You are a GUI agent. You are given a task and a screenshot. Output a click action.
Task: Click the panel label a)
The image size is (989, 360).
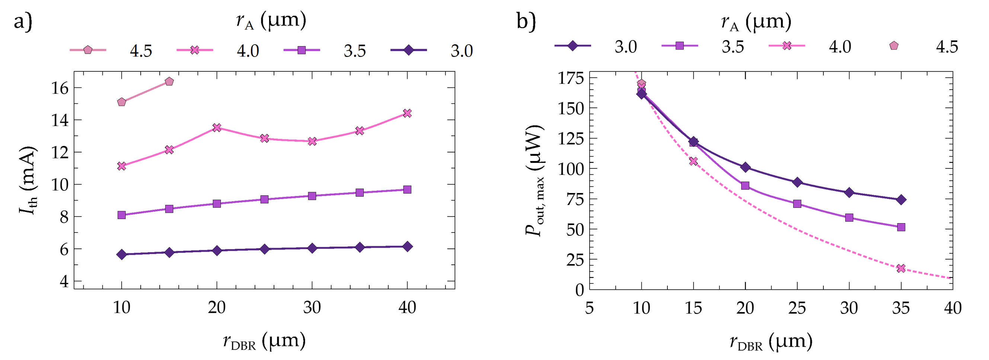coord(23,21)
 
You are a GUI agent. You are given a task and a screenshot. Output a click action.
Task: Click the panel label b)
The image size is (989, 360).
coord(526,21)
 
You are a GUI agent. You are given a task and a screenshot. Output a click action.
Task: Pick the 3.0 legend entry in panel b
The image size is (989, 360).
coord(596,46)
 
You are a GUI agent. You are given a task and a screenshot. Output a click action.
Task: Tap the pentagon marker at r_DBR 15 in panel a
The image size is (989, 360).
coord(169,81)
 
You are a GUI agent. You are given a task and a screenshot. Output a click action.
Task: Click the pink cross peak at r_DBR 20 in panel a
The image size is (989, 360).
coord(217,128)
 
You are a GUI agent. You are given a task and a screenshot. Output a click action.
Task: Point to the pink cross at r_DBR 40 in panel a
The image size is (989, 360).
coord(407,113)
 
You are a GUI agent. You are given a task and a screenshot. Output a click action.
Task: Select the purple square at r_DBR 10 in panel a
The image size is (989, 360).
coord(122,215)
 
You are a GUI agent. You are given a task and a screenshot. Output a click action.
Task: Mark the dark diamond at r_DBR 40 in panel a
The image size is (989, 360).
coord(407,247)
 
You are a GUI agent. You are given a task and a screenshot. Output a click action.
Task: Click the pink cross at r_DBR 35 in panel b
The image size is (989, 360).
coord(901,268)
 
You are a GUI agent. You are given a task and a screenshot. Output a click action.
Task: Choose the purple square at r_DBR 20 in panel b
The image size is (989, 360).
coord(745,186)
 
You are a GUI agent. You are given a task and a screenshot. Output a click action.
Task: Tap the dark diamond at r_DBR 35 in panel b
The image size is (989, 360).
coord(901,200)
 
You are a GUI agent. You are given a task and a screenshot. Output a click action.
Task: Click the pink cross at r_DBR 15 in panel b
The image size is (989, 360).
coord(693,161)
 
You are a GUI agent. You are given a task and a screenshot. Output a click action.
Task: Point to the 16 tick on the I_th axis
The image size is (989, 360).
coord(60,88)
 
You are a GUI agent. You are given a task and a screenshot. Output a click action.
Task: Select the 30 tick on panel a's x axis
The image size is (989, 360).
coord(312,308)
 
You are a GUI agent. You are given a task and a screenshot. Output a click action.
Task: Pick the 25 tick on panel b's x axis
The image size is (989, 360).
coord(797,308)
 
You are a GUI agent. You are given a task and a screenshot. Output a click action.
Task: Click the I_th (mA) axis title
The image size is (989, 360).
coord(28,180)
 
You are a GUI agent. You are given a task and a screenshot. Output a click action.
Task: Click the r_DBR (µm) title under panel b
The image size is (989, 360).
coord(771,341)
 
